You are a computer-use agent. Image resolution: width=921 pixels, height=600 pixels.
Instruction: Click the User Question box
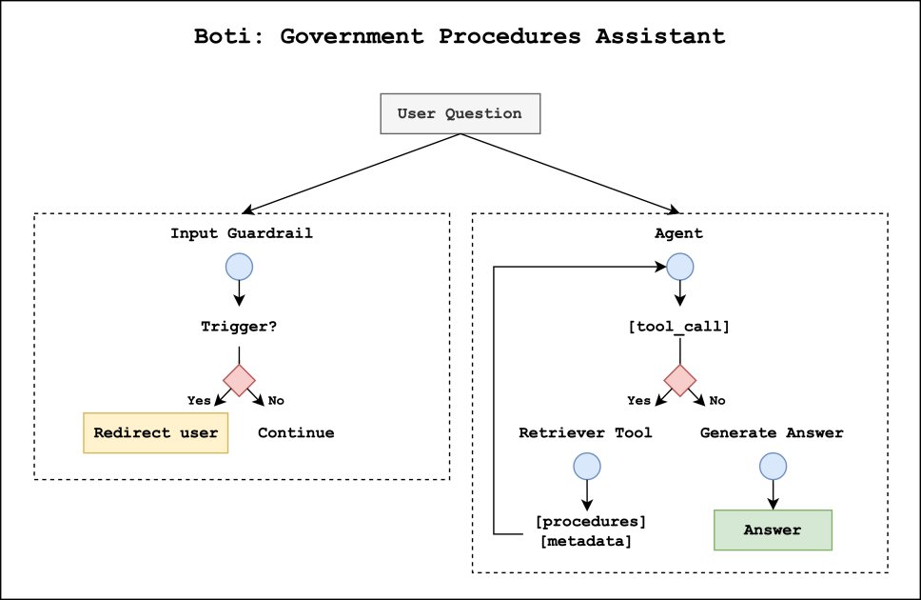pyautogui.click(x=460, y=113)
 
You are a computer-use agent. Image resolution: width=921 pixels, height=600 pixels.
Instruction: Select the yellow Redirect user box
pyautogui.click(x=156, y=432)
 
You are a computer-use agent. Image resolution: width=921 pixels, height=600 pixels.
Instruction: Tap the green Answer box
pyautogui.click(x=773, y=530)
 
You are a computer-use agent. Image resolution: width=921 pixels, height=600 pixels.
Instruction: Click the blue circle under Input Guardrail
pyautogui.click(x=238, y=266)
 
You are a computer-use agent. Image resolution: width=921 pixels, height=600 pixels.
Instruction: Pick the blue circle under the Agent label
pyautogui.click(x=679, y=266)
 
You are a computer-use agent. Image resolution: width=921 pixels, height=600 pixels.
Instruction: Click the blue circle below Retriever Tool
pyautogui.click(x=586, y=466)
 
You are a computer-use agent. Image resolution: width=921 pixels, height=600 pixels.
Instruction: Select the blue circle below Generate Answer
pyautogui.click(x=772, y=466)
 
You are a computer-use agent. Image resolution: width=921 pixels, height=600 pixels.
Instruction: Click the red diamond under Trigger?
pyautogui.click(x=238, y=379)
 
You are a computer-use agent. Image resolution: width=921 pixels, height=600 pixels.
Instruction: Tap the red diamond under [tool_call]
pyautogui.click(x=679, y=379)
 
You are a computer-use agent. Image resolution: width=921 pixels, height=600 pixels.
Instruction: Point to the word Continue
pyautogui.click(x=296, y=432)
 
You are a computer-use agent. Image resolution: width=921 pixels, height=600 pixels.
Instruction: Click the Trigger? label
pyautogui.click(x=238, y=326)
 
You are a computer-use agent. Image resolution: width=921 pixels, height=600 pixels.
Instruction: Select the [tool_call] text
pyautogui.click(x=679, y=326)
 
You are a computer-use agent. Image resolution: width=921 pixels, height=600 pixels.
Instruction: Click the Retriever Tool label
pyautogui.click(x=585, y=432)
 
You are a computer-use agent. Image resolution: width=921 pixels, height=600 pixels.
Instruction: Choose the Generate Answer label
pyautogui.click(x=772, y=432)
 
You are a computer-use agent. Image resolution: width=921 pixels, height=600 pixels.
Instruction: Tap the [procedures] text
pyautogui.click(x=591, y=522)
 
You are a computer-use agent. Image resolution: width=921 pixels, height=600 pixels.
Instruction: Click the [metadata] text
pyautogui.click(x=584, y=541)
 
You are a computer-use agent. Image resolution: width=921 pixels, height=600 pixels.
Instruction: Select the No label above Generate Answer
pyautogui.click(x=717, y=400)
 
